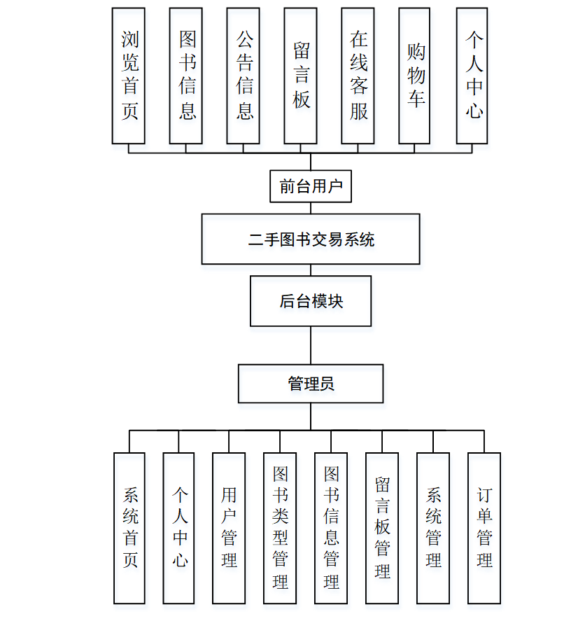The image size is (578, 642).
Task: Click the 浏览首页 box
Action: pos(129,76)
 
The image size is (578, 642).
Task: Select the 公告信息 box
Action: pos(244,76)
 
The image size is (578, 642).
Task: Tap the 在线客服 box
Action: pos(358,76)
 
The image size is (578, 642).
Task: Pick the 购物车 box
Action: pos(416,76)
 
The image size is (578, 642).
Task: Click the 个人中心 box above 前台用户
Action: pos(472,76)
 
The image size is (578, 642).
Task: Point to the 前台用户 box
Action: pos(311,186)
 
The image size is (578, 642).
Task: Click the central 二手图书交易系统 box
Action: pos(311,239)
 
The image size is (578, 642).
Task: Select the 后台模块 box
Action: pos(311,301)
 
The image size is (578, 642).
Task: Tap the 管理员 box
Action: pos(311,384)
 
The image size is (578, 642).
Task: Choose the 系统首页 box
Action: pos(129,528)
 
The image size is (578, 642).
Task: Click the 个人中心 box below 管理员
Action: pos(179,528)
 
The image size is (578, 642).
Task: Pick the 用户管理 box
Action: pos(229,528)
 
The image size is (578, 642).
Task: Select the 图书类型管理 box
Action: pos(280,528)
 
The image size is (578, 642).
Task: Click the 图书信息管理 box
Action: pos(331,528)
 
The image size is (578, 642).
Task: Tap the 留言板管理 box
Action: pos(382,528)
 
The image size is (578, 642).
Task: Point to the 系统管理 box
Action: pos(433,528)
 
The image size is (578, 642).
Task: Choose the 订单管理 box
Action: pos(484,528)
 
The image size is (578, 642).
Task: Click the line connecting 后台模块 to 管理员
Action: pos(311,345)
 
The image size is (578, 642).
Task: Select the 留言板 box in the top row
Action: pos(301,76)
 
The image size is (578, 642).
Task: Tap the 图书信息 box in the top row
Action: pos(186,76)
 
